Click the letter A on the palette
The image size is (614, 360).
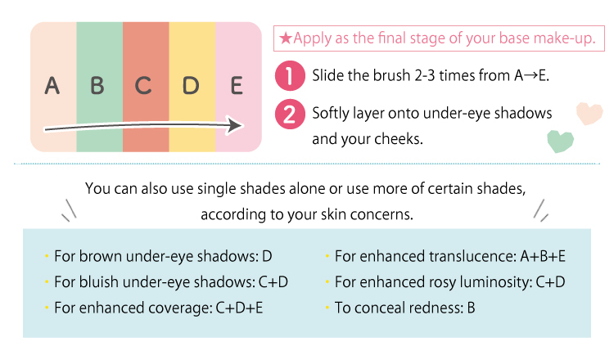(52, 85)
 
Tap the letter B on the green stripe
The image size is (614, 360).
(97, 85)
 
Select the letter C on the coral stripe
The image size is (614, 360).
(143, 85)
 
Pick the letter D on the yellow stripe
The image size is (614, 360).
(191, 85)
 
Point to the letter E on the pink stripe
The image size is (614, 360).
(237, 85)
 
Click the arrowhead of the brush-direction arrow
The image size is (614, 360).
(235, 125)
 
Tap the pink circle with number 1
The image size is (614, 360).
(290, 75)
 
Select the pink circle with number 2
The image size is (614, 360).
(290, 114)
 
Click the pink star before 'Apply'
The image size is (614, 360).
(286, 38)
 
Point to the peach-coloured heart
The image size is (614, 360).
(589, 114)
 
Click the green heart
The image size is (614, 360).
(560, 142)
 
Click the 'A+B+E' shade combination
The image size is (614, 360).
(543, 256)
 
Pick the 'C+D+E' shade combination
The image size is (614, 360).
(239, 308)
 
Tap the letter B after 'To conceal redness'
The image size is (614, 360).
(471, 308)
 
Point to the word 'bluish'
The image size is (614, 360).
(99, 282)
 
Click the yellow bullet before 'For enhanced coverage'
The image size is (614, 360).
(47, 308)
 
